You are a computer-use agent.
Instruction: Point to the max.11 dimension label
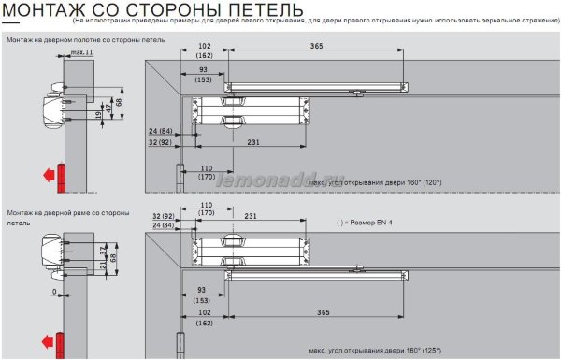point(82,53)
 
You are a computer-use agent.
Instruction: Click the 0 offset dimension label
point(57,292)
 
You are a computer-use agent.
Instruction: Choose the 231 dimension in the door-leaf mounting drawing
point(254,143)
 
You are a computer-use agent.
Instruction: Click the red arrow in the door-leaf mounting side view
point(44,173)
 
